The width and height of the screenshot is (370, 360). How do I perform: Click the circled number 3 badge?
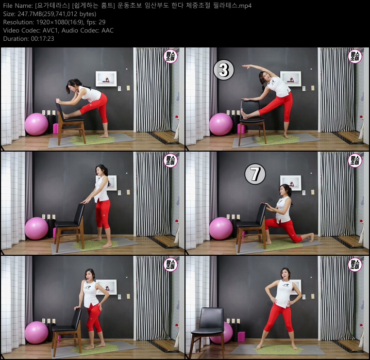click(224, 70)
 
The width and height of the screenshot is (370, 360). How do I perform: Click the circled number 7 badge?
click(255, 174)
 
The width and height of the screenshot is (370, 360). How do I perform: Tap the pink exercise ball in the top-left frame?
click(37, 124)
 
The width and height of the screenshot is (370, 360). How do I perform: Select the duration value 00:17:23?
click(42, 39)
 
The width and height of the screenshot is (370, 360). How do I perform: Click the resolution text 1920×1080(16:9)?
click(60, 22)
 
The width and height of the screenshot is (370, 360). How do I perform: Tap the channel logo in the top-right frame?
click(355, 56)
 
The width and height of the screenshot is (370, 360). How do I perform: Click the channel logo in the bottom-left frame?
click(171, 265)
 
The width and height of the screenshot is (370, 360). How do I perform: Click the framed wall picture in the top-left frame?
click(106, 79)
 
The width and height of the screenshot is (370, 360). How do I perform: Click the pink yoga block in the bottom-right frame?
click(241, 337)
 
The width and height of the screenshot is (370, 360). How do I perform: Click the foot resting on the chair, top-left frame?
click(66, 116)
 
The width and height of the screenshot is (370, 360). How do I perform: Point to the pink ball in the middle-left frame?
click(37, 228)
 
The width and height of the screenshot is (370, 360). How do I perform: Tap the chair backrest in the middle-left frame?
click(79, 215)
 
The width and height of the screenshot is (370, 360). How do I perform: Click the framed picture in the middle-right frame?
click(291, 183)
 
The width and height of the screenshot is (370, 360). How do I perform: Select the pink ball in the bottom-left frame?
click(36, 333)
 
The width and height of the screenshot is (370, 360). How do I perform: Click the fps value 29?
click(102, 22)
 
